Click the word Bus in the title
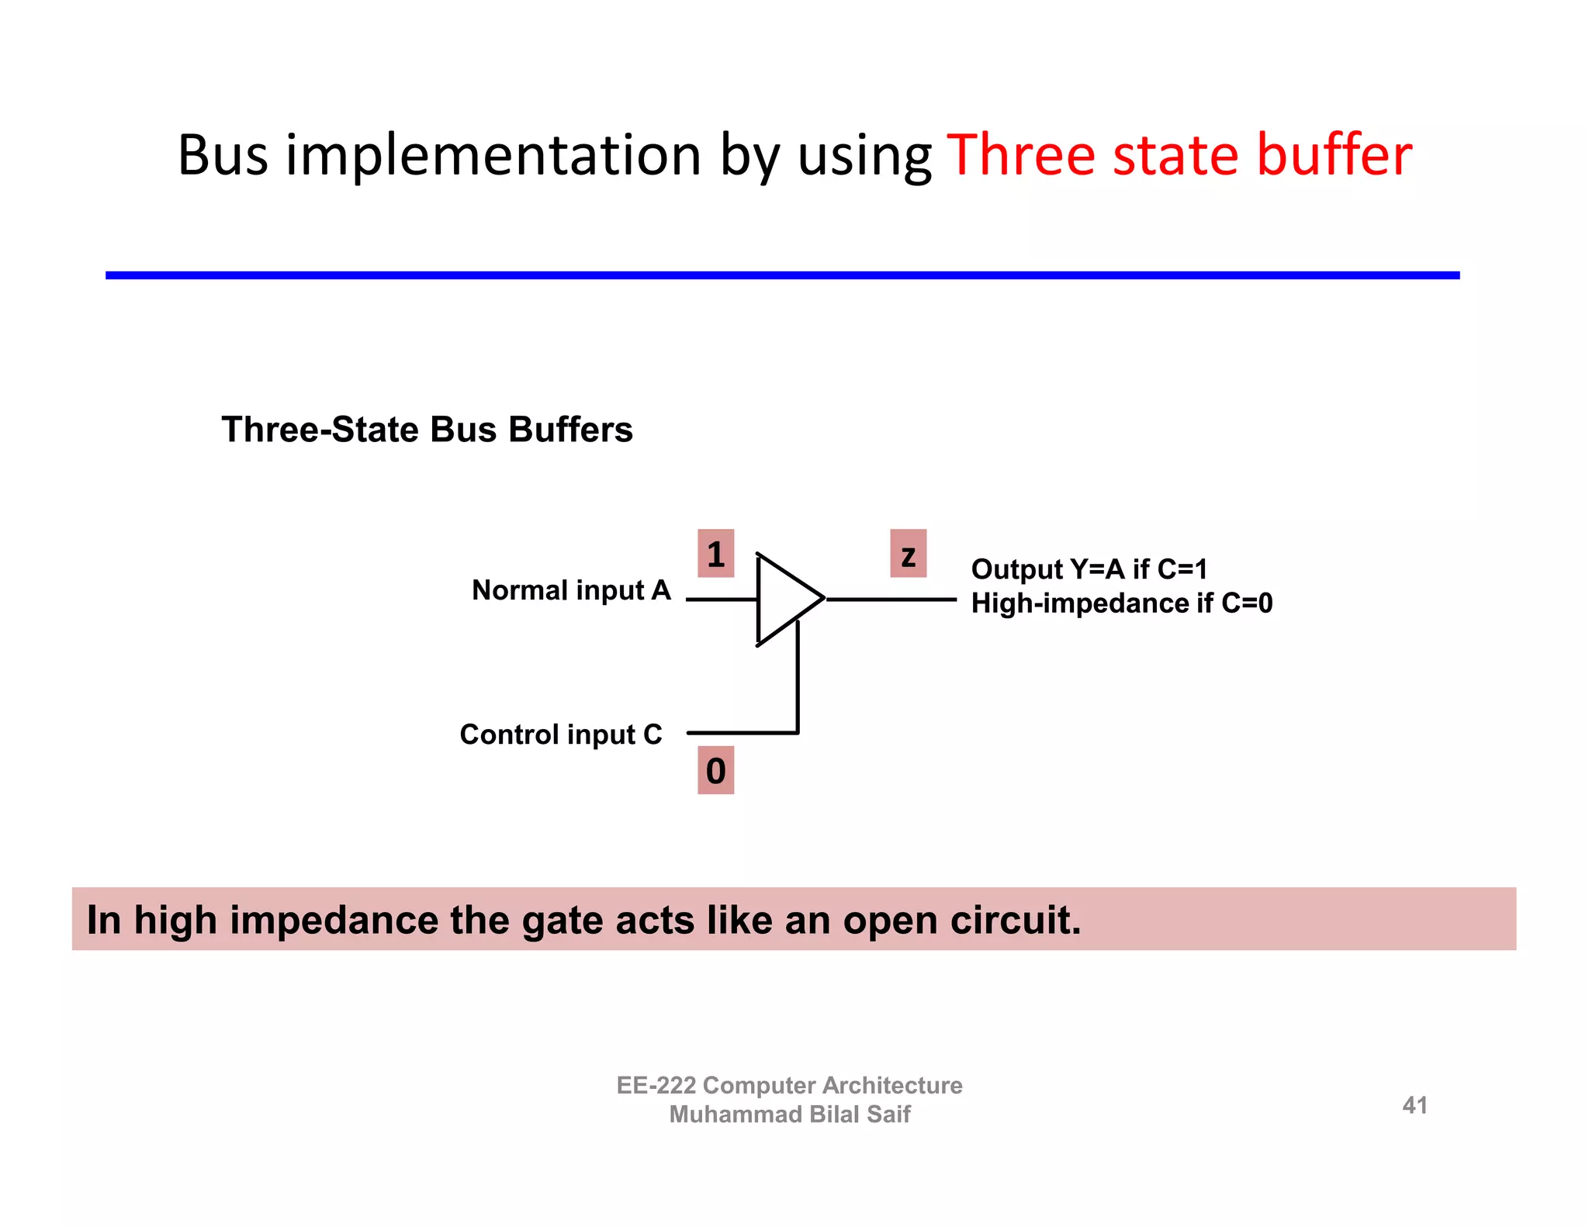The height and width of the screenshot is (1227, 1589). (222, 155)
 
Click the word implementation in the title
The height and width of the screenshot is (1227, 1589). (493, 155)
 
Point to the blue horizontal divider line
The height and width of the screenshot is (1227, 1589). (782, 275)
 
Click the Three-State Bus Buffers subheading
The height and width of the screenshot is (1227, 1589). (427, 430)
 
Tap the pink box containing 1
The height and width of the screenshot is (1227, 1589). (715, 554)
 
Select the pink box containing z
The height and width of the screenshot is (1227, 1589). (908, 554)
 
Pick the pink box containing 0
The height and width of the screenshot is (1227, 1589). (715, 770)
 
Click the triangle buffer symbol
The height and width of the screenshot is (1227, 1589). (784, 599)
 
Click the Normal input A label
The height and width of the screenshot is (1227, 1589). (571, 590)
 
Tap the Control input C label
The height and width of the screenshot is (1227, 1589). (561, 734)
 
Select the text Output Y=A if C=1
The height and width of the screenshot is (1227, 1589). (1089, 569)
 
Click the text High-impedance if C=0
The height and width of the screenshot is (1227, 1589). (1122, 603)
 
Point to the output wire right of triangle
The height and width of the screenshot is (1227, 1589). (892, 599)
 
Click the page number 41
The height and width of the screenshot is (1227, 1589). (1414, 1104)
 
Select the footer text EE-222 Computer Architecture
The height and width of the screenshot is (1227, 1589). (789, 1085)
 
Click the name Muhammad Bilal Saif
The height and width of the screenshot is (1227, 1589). (789, 1115)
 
